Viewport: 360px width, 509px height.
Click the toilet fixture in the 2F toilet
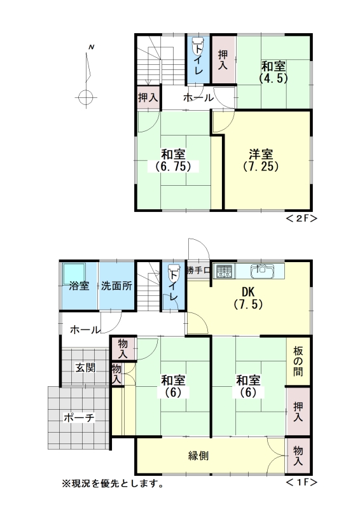coord(198,46)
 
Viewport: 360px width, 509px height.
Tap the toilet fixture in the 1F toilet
coord(174,274)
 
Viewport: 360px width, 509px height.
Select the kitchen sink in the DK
coord(262,271)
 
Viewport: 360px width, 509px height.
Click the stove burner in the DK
coord(225,272)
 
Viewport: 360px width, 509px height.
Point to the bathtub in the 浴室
coord(74,274)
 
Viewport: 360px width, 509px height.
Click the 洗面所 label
coord(116,286)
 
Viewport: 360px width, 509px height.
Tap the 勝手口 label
coord(198,270)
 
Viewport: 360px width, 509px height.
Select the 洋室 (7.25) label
coord(261,160)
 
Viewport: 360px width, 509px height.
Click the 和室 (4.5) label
coord(273,72)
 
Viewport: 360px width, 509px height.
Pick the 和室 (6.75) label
coord(173,160)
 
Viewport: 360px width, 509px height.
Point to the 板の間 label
coord(298,361)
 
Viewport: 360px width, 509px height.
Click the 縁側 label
coord(198,456)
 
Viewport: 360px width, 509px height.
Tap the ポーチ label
coord(80,417)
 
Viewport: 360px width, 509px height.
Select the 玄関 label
coord(85,368)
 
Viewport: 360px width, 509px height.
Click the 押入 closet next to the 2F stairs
coord(148,97)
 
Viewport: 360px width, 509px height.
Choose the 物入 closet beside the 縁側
coord(298,455)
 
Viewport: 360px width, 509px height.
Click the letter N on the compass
coord(92,47)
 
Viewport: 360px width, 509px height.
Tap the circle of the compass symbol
coord(86,97)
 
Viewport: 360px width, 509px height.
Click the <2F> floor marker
coord(301,218)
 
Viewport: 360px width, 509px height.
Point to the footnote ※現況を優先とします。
coord(113,484)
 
